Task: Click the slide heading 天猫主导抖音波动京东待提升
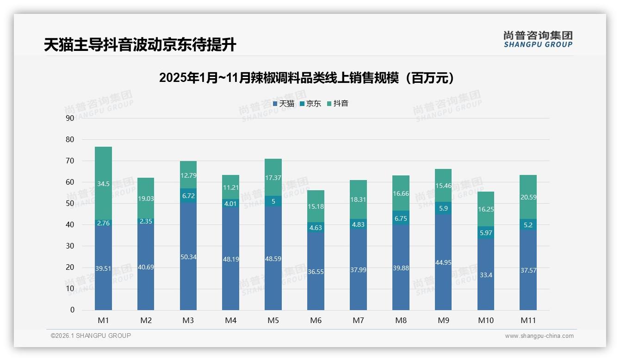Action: (140, 45)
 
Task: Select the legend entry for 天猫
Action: (284, 104)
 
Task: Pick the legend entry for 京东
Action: (310, 104)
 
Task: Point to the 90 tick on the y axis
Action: (70, 118)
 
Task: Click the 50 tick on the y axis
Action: (70, 203)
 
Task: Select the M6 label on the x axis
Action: (316, 320)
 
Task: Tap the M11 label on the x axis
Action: (528, 320)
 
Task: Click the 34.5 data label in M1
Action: (103, 184)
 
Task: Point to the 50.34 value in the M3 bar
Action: (188, 257)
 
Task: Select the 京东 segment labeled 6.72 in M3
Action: (188, 196)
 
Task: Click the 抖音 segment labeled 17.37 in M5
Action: (273, 178)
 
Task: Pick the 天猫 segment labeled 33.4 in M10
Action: (486, 274)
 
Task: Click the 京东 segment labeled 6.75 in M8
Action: (401, 218)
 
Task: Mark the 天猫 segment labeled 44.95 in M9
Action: (443, 262)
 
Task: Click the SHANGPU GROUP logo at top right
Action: (538, 39)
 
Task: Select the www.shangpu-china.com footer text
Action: (539, 336)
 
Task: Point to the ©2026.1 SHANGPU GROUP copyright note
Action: (91, 336)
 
